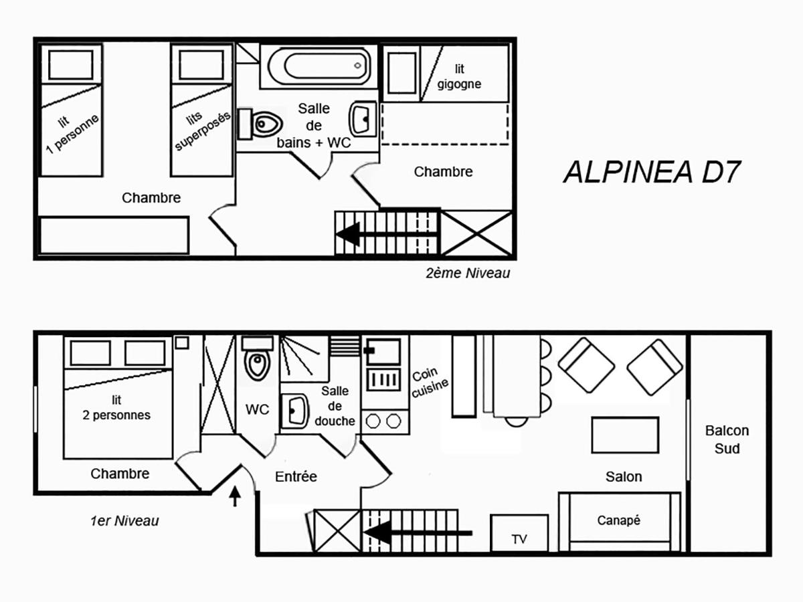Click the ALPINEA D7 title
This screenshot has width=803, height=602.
point(652,172)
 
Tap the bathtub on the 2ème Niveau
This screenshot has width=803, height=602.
point(319,66)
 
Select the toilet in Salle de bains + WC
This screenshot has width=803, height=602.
point(260,124)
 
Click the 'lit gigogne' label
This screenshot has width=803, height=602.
point(459,76)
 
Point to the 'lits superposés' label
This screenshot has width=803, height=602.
point(201,129)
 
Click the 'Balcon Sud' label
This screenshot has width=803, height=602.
point(727,439)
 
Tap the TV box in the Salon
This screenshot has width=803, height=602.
point(519,533)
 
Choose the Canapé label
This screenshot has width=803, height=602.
point(618,520)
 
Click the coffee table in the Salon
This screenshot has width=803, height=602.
point(625,435)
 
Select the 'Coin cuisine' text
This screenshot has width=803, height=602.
point(429,382)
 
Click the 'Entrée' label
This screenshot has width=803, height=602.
point(296,477)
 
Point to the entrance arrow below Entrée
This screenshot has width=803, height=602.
point(235,496)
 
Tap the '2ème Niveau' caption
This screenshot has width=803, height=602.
point(468,273)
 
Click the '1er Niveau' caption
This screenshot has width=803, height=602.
point(124,521)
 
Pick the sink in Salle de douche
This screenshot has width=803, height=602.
point(294,411)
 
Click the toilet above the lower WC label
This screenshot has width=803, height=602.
point(258,359)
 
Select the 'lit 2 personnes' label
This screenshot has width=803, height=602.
point(116,407)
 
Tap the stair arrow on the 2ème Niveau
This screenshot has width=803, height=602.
point(386,233)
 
